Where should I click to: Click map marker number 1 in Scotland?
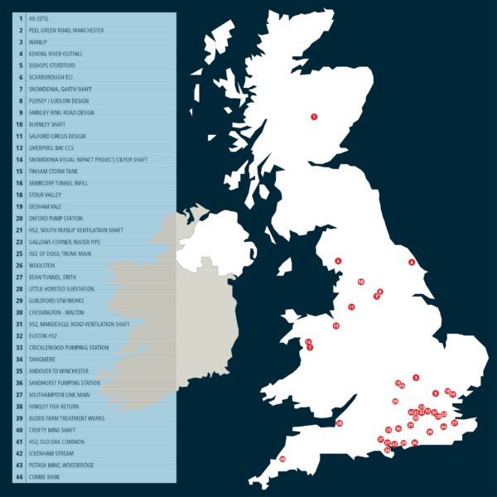tap(314, 117)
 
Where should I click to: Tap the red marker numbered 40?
tap(282, 459)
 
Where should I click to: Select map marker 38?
tap(339, 423)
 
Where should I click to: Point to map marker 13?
tap(335, 326)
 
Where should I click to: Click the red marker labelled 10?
tap(361, 282)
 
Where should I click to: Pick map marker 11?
tap(351, 307)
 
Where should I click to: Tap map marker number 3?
tap(416, 378)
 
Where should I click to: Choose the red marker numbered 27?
tap(455, 423)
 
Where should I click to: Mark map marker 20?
tap(395, 402)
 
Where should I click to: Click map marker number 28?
tap(430, 432)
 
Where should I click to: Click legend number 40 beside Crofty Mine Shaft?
tap(19, 430)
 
